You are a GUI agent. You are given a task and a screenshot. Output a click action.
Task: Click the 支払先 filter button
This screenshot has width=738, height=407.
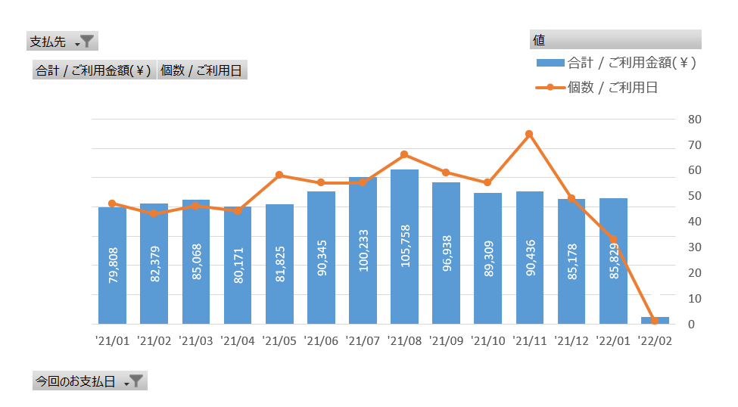click(x=62, y=42)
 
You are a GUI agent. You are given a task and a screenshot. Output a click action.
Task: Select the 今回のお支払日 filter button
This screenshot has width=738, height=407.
click(x=90, y=381)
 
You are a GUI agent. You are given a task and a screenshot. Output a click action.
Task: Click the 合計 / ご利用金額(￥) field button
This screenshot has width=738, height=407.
click(x=94, y=70)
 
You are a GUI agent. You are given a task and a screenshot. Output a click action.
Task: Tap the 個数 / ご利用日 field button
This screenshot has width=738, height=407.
click(x=202, y=70)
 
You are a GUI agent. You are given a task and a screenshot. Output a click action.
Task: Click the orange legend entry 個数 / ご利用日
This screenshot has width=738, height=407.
click(x=596, y=88)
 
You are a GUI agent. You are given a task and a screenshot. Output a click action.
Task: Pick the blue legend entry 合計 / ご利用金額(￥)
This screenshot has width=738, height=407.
click(x=616, y=63)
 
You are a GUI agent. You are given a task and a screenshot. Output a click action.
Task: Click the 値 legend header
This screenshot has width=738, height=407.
click(x=615, y=39)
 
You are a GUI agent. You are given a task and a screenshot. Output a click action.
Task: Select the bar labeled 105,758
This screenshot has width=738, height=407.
click(x=404, y=247)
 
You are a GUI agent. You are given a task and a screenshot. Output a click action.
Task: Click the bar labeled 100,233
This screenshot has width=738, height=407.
click(x=363, y=250)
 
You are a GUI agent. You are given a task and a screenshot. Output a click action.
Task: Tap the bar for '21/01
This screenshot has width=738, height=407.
click(x=113, y=266)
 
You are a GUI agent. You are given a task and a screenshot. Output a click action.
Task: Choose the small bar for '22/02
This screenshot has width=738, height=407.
click(x=655, y=321)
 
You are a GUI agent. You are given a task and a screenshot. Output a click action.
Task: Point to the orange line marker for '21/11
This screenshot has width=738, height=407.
click(x=530, y=134)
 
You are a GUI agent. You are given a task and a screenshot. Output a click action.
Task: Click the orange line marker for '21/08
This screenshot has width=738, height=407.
click(x=404, y=154)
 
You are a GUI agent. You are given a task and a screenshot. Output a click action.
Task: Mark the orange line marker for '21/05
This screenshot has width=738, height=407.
click(x=279, y=175)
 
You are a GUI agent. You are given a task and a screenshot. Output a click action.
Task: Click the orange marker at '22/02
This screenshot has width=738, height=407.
click(x=655, y=321)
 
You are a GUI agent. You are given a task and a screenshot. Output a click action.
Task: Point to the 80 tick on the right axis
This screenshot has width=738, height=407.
click(x=695, y=120)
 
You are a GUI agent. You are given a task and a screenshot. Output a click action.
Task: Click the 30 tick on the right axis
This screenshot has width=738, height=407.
click(x=695, y=247)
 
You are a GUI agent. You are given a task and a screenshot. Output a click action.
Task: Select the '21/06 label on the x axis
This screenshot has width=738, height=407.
click(x=321, y=341)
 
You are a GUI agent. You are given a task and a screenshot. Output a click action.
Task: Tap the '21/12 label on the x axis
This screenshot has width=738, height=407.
click(x=571, y=341)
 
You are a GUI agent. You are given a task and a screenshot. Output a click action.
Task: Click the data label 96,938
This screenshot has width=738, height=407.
click(x=447, y=253)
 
